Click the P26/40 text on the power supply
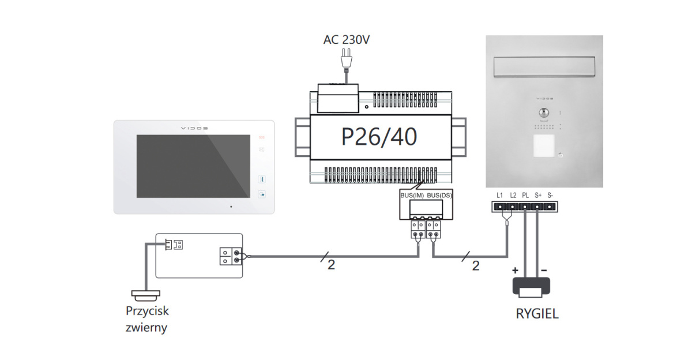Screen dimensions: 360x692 pyautogui.click(x=379, y=137)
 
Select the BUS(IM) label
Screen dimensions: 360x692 pyautogui.click(x=412, y=196)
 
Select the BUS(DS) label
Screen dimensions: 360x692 pyautogui.click(x=440, y=196)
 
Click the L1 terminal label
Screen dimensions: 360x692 pyautogui.click(x=500, y=195)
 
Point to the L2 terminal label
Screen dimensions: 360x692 pyautogui.click(x=513, y=195)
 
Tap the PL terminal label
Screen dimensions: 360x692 pyautogui.click(x=525, y=195)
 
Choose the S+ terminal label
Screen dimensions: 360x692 pyautogui.click(x=537, y=195)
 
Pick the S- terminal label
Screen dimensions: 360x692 pyautogui.click(x=550, y=195)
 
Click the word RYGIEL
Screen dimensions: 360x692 pyautogui.click(x=537, y=314)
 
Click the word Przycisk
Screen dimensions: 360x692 pyautogui.click(x=147, y=311)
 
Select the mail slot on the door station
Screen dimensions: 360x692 pyautogui.click(x=544, y=69)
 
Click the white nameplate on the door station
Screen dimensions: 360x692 pyautogui.click(x=543, y=146)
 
